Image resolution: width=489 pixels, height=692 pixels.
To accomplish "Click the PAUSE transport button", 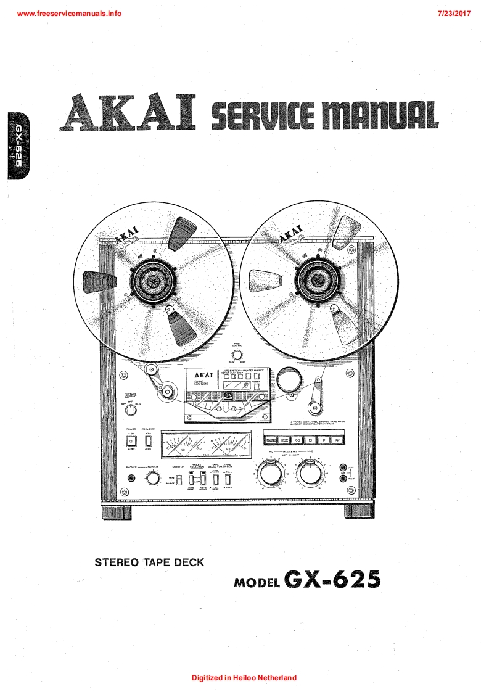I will tap(271, 440).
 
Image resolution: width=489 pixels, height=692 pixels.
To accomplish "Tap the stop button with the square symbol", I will tap(311, 440).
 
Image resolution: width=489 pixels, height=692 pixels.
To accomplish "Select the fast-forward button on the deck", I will tap(337, 440).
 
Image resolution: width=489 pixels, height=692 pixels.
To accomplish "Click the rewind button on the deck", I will tap(298, 440).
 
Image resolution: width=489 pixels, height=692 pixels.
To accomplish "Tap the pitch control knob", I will tap(236, 354).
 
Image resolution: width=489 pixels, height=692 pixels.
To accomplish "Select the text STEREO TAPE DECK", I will tap(149, 562).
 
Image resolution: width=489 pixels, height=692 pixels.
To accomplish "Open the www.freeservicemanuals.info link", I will tap(70, 13).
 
